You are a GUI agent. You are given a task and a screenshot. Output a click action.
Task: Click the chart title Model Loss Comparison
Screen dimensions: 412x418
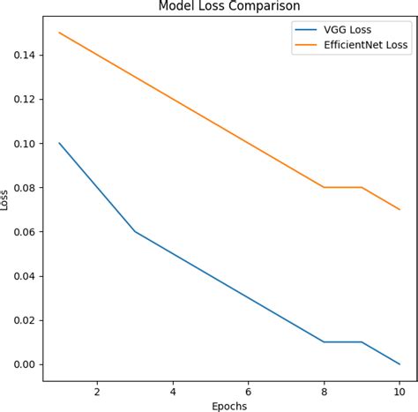(228, 7)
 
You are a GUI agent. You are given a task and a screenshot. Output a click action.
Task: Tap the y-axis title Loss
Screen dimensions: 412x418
(7, 199)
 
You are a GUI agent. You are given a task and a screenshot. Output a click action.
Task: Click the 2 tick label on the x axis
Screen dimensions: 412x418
(96, 389)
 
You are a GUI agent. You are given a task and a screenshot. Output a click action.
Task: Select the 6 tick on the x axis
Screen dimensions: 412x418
(248, 389)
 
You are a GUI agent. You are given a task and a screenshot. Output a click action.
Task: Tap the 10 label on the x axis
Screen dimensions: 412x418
(399, 389)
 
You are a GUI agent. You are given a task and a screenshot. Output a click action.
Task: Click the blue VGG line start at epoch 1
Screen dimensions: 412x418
(58, 143)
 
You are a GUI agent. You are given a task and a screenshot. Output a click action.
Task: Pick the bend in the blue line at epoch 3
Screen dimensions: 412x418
(134, 231)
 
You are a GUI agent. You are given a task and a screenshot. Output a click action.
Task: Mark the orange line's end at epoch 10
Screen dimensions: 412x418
(399, 209)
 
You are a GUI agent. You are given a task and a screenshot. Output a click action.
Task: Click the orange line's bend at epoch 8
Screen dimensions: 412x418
(324, 187)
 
